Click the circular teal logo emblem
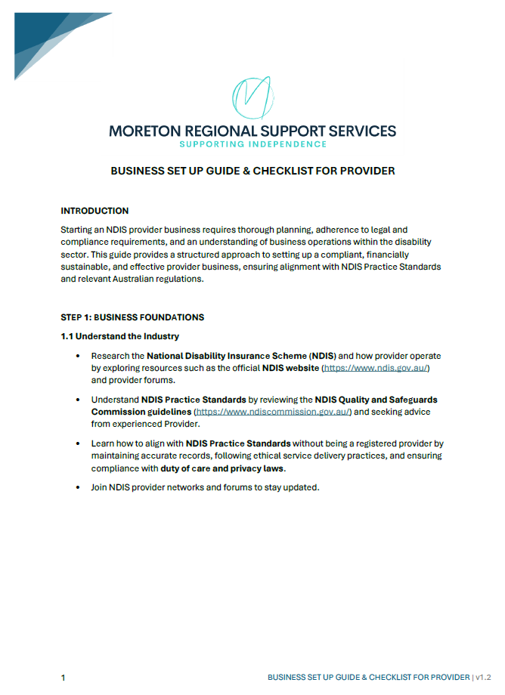coord(252,97)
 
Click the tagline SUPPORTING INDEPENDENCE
coord(252,144)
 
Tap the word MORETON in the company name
coord(146,131)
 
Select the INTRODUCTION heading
coord(94,211)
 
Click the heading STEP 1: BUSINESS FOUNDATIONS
coord(132,317)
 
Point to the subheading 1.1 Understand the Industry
coord(119,336)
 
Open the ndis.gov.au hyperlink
coord(376,368)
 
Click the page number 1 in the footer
coord(64,678)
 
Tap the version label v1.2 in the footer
coord(483,678)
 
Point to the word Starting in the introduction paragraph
coord(78,229)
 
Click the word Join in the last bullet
coord(100,488)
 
